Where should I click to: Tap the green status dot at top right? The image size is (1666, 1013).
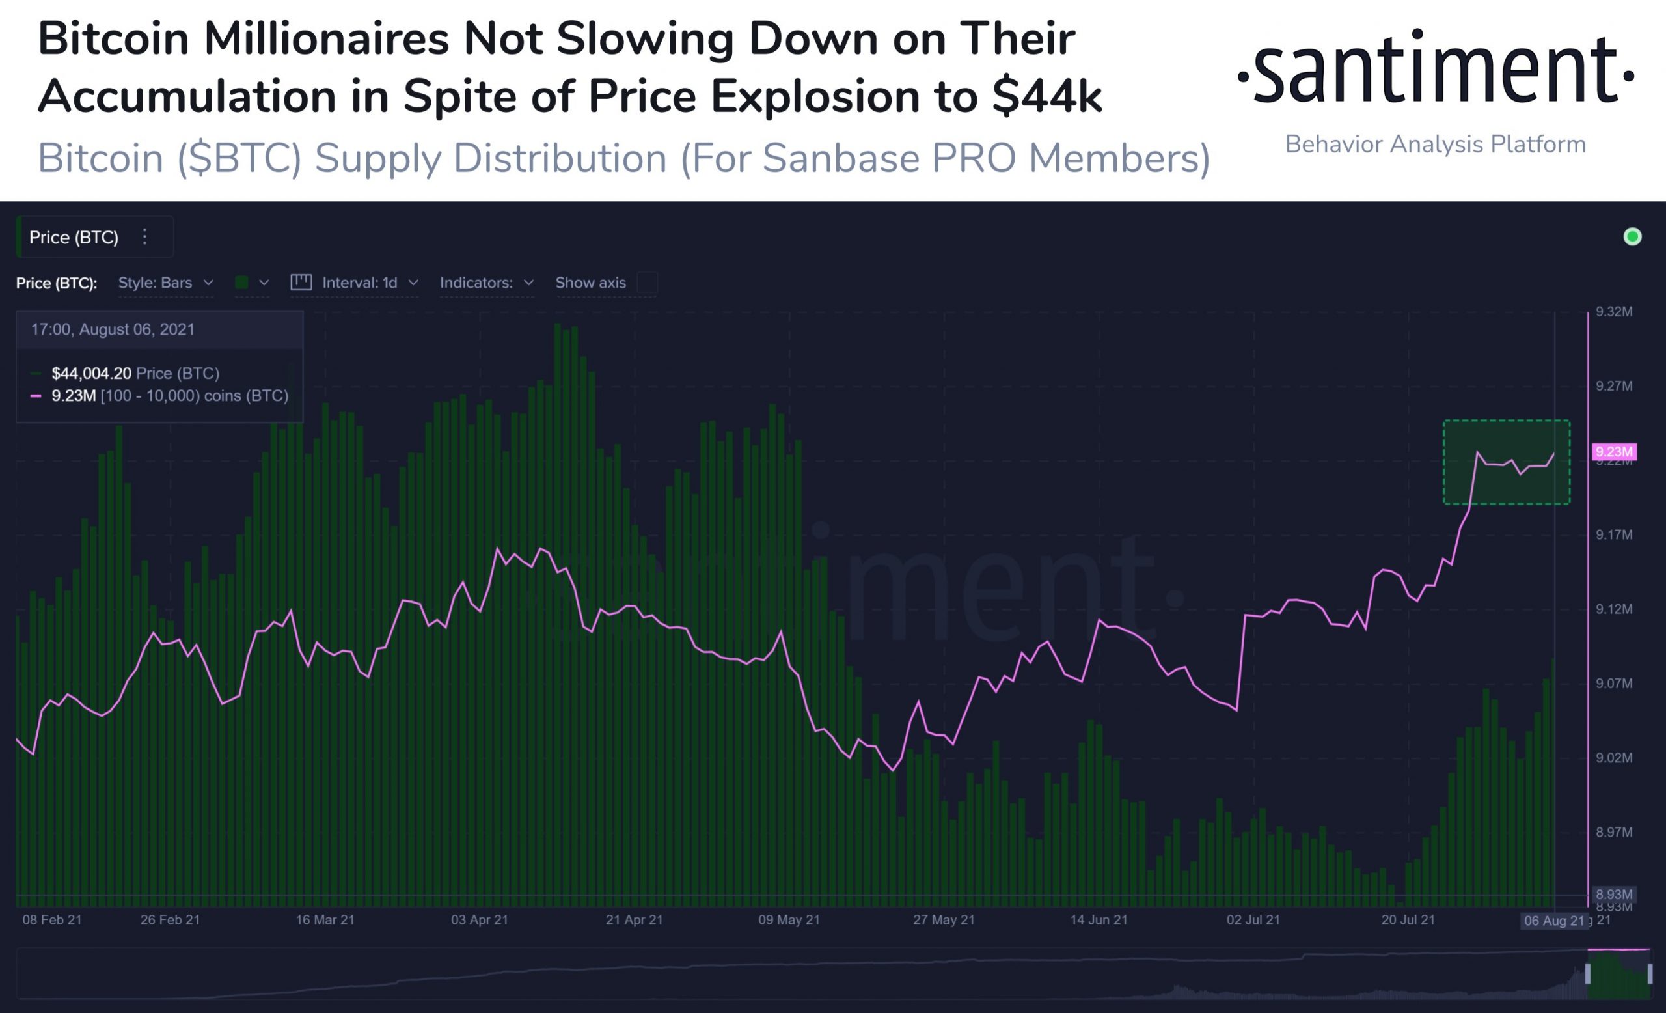tap(1632, 237)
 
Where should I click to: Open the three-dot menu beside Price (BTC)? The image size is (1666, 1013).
tap(144, 237)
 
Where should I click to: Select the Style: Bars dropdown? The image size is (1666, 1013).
tap(166, 283)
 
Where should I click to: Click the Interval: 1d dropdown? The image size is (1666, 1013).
tap(369, 283)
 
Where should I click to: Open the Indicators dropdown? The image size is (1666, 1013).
tap(486, 283)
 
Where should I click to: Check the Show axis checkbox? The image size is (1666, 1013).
tap(647, 283)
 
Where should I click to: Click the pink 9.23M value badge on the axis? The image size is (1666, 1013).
tap(1614, 452)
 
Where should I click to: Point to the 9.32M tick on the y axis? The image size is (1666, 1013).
tap(1614, 312)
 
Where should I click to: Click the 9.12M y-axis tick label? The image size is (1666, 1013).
tap(1614, 609)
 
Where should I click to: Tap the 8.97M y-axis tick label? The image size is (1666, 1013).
tap(1614, 833)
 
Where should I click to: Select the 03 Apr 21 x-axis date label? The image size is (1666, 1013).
tap(480, 920)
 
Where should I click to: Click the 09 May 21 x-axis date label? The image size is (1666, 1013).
tap(788, 920)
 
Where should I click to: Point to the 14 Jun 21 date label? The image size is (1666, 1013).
tap(1099, 920)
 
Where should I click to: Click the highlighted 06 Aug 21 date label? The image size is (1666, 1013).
tap(1554, 921)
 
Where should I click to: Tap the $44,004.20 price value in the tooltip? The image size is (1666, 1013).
tap(91, 373)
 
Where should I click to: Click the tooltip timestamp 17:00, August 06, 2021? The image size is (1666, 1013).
tap(112, 329)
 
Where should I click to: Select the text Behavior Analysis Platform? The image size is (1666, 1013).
tap(1435, 145)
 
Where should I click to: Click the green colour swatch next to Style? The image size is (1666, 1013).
tap(241, 283)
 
